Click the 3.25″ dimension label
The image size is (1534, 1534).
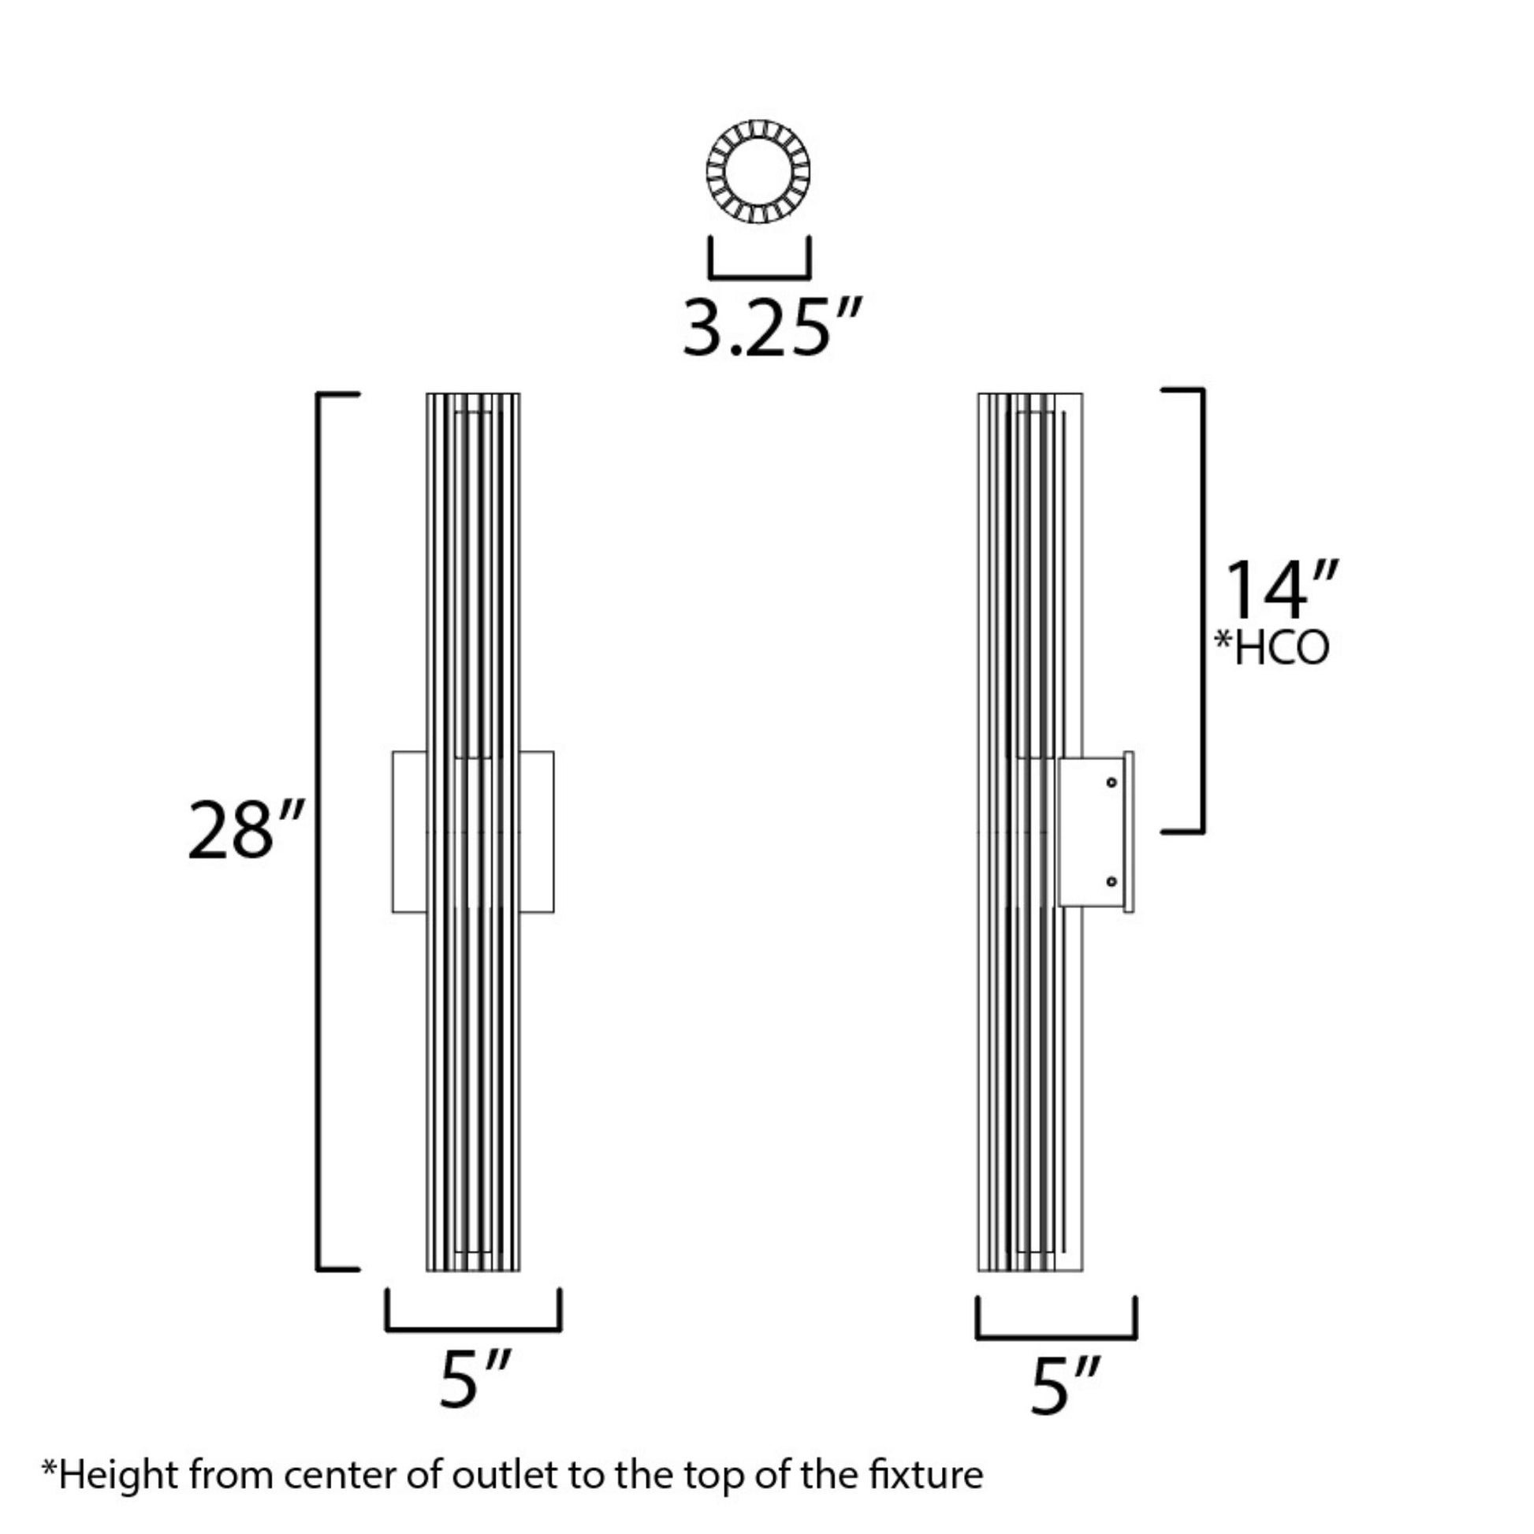[x=770, y=328]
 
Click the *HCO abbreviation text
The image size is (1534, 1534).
[x=1272, y=649]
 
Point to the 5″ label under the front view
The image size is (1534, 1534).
[x=474, y=1381]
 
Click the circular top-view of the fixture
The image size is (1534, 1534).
[x=758, y=172]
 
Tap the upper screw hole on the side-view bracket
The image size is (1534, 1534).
[x=1111, y=783]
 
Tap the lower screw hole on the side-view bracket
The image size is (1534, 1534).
[x=1111, y=881]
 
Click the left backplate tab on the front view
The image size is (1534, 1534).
[x=410, y=832]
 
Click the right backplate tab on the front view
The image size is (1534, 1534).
[x=537, y=832]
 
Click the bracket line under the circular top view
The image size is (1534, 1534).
[x=759, y=277]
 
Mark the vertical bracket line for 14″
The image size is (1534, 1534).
[x=1202, y=612]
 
